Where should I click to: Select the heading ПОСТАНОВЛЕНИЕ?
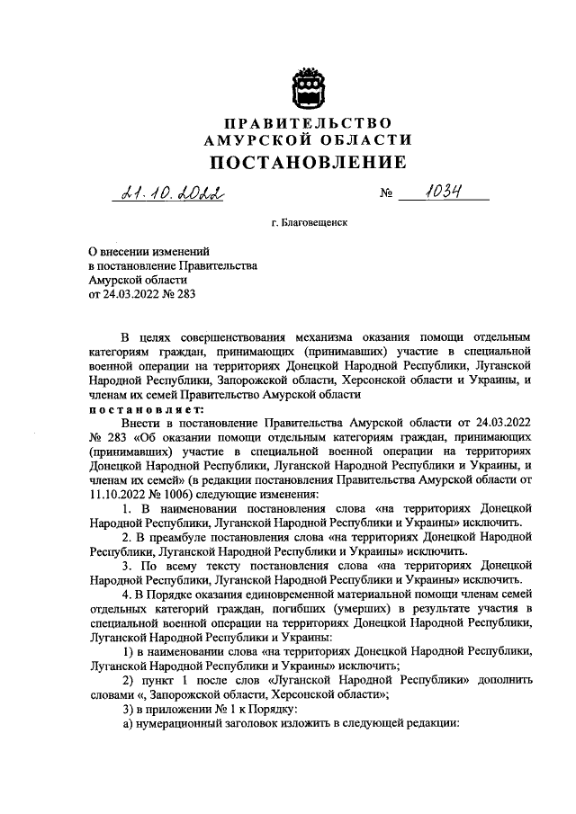click(307, 163)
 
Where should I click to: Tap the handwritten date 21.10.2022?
click(168, 193)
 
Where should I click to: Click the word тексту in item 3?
click(228, 566)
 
